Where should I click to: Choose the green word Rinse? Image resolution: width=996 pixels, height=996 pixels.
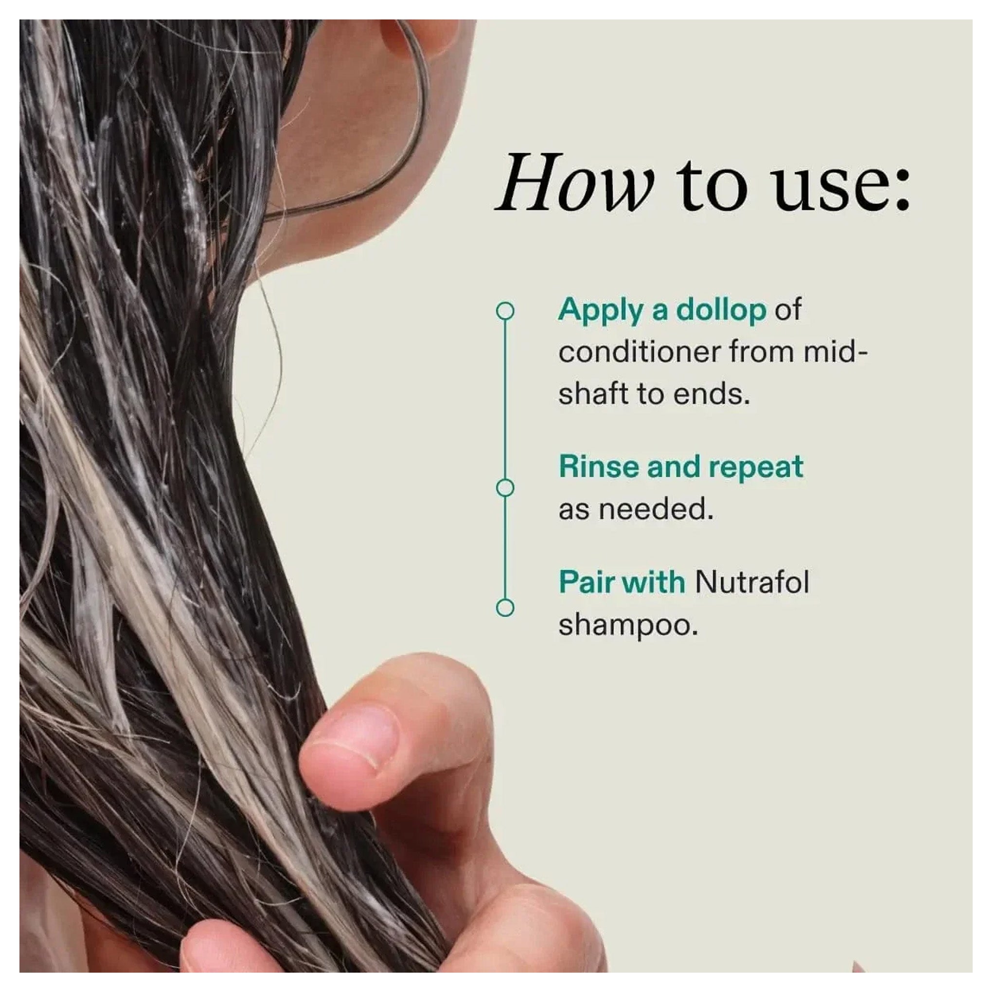[599, 467]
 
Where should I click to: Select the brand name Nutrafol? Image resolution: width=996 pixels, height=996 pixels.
[752, 583]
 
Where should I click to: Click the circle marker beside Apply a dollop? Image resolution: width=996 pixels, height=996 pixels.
[505, 311]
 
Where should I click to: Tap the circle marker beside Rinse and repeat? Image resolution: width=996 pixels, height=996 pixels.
[505, 488]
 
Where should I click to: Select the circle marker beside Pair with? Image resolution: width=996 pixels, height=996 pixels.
[505, 607]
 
